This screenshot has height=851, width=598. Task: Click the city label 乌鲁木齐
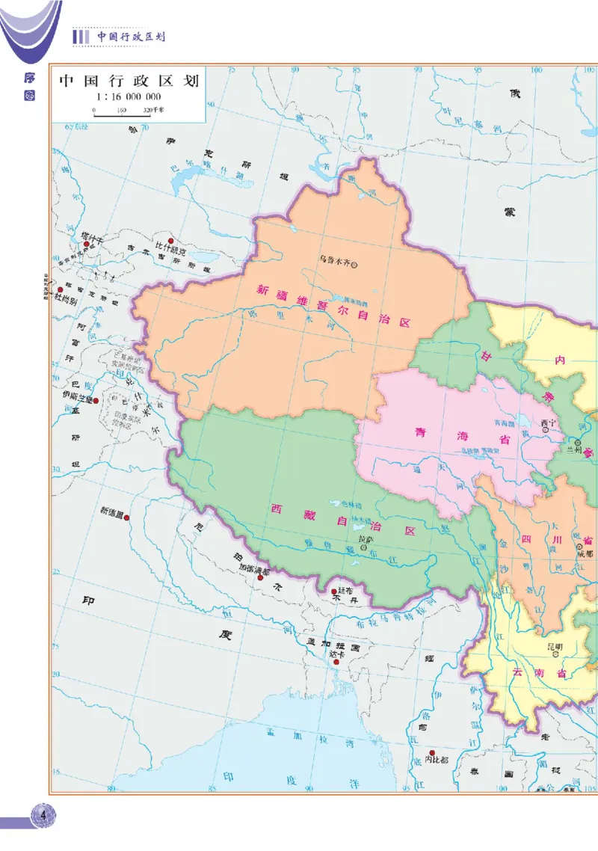tap(334, 261)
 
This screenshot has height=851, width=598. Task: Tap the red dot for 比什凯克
tap(170, 241)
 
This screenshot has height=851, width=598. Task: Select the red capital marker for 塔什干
tap(87, 245)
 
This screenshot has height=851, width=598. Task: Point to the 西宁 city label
tap(549, 422)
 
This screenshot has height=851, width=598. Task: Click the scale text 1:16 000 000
tap(129, 97)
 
